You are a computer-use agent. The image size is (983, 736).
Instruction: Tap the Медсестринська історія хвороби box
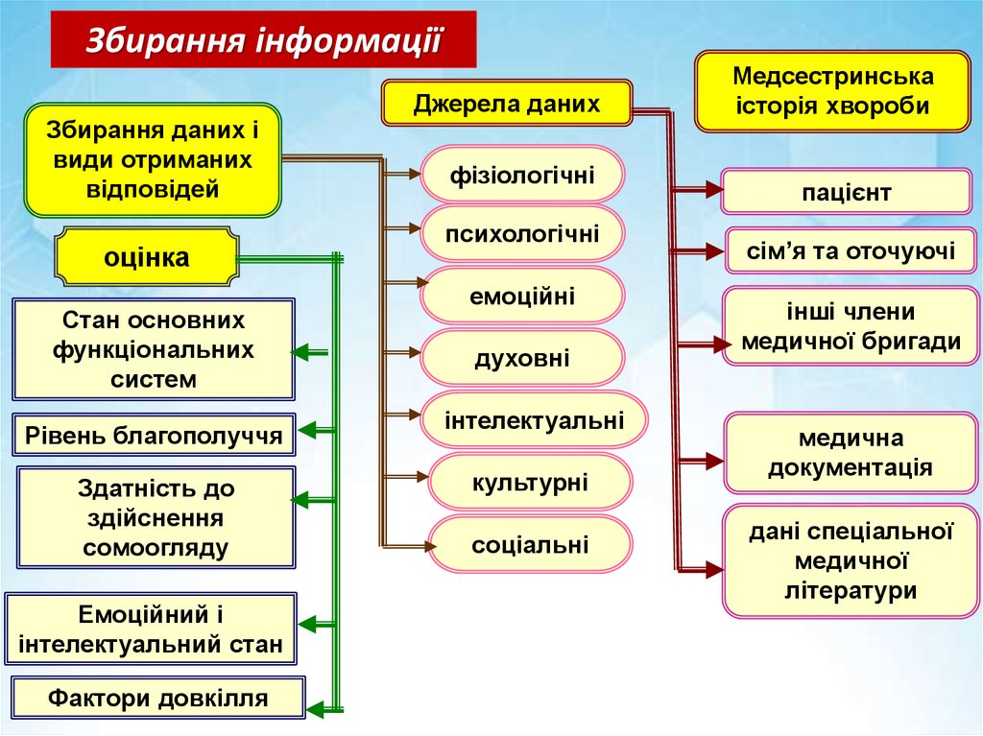point(833,92)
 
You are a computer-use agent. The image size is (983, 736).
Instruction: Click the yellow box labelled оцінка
point(147,258)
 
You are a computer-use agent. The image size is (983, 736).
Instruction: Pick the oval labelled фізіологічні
point(523,176)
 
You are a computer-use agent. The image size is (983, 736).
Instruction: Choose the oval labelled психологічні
point(523,234)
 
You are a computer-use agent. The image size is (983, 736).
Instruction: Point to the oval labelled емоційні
point(523,296)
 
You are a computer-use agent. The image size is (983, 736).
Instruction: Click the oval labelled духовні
point(523,359)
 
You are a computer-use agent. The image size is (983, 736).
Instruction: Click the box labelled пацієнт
point(846,193)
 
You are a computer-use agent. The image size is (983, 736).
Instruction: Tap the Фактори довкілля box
point(158,698)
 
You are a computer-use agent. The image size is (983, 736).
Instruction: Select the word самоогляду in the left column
point(156,548)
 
